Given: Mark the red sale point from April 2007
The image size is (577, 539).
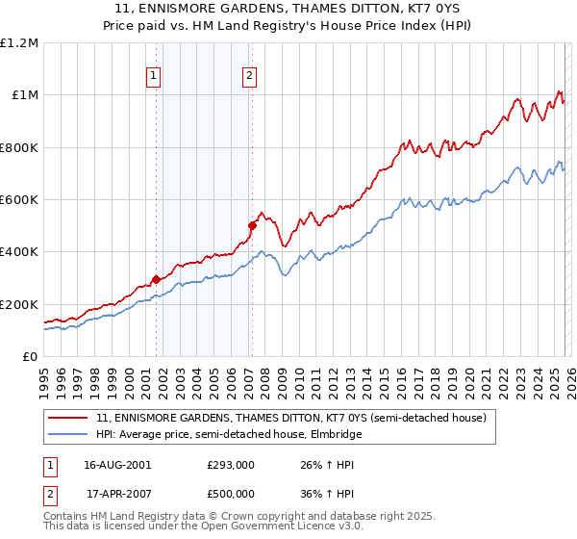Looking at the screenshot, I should pos(252,226).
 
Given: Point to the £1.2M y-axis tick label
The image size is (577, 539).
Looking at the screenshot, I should pos(19,43).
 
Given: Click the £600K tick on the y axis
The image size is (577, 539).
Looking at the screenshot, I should pos(19,200).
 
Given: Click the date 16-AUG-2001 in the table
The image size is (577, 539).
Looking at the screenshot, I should pos(117,465).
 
